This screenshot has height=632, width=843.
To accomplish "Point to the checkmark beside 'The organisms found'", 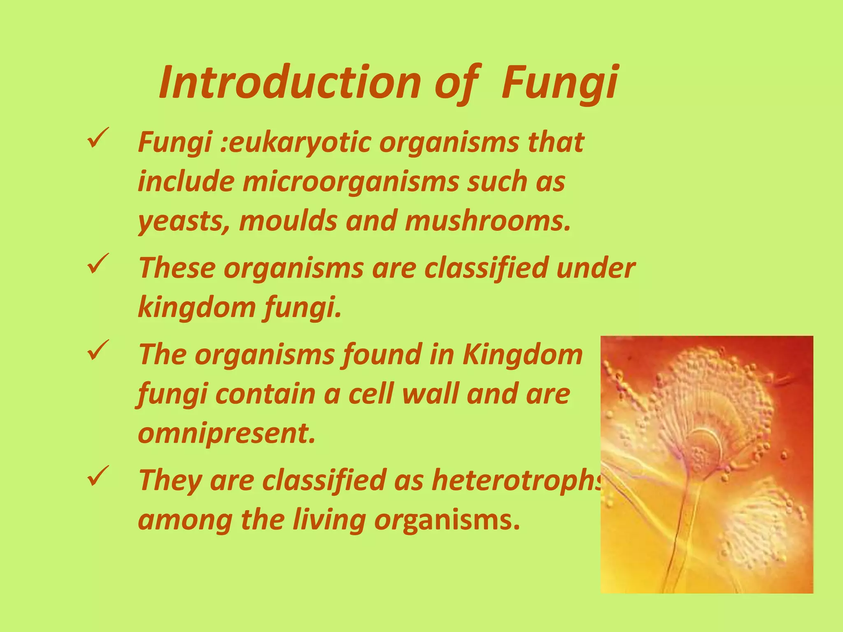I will point(98,351).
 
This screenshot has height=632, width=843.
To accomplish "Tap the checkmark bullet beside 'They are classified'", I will point(98,476).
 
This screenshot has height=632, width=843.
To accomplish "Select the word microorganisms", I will point(350,181).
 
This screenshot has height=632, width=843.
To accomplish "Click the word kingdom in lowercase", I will point(196,307).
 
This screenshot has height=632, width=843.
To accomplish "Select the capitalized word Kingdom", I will point(523,354).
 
